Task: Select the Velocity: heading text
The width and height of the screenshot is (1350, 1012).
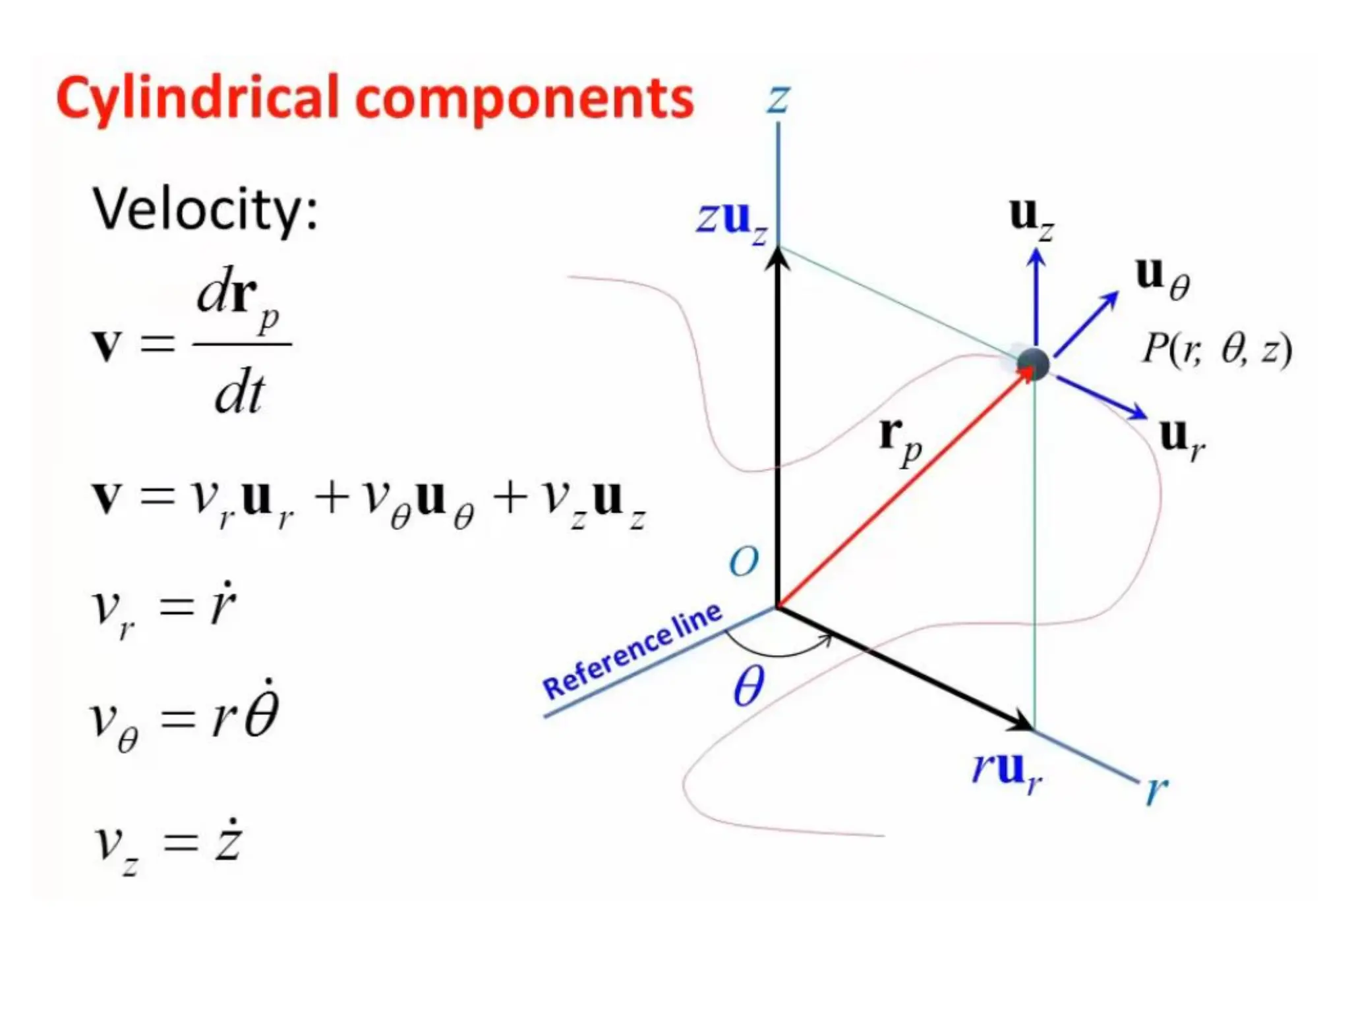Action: tap(205, 210)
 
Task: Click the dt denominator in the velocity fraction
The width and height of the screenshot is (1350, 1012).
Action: tap(239, 394)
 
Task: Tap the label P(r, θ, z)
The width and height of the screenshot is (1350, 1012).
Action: tap(1216, 349)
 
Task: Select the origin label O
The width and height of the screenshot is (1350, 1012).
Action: tap(744, 562)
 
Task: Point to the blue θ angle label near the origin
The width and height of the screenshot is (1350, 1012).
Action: tap(748, 686)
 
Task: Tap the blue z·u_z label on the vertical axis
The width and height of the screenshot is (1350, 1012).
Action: tap(732, 220)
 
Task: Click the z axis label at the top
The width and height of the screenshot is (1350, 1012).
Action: tap(778, 99)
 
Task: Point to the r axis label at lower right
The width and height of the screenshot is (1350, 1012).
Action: tap(1156, 789)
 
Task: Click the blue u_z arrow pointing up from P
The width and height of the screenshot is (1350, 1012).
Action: tap(1036, 296)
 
